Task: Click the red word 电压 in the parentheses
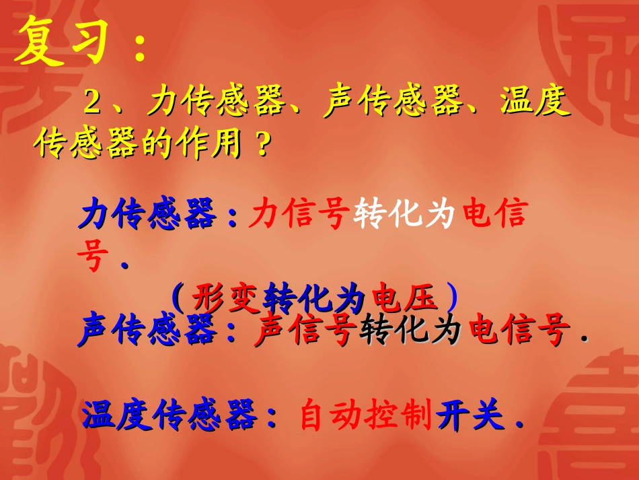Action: pyautogui.click(x=409, y=296)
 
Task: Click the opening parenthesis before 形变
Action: pyautogui.click(x=178, y=296)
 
